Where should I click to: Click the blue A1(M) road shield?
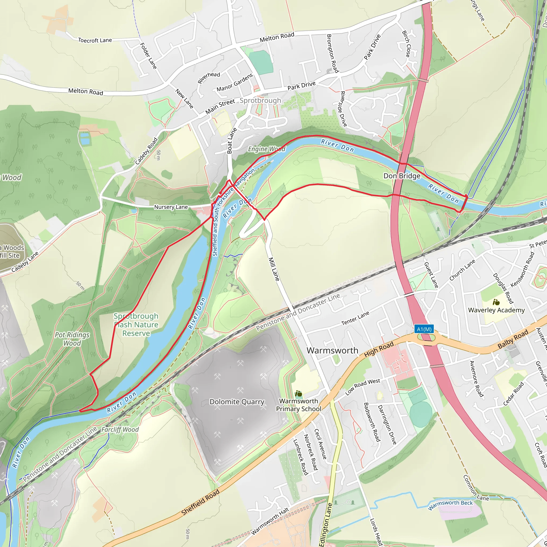pos(424,329)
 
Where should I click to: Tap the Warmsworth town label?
pos(332,350)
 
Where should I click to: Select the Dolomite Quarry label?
pos(237,402)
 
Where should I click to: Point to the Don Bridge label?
pos(402,176)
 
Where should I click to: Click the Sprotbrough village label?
pos(260,100)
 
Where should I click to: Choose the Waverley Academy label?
pos(496,310)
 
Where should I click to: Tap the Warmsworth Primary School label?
pos(298,405)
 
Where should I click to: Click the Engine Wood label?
pos(267,149)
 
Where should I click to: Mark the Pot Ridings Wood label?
pos(72,339)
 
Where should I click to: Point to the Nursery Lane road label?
pos(171,207)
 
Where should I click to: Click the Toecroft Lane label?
pos(95,40)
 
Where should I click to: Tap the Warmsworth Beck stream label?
pos(450,505)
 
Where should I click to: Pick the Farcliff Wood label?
pos(120,429)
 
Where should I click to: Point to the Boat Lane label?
pos(231,141)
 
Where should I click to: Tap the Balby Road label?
pos(513,339)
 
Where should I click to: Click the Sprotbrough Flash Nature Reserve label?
pos(136,325)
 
